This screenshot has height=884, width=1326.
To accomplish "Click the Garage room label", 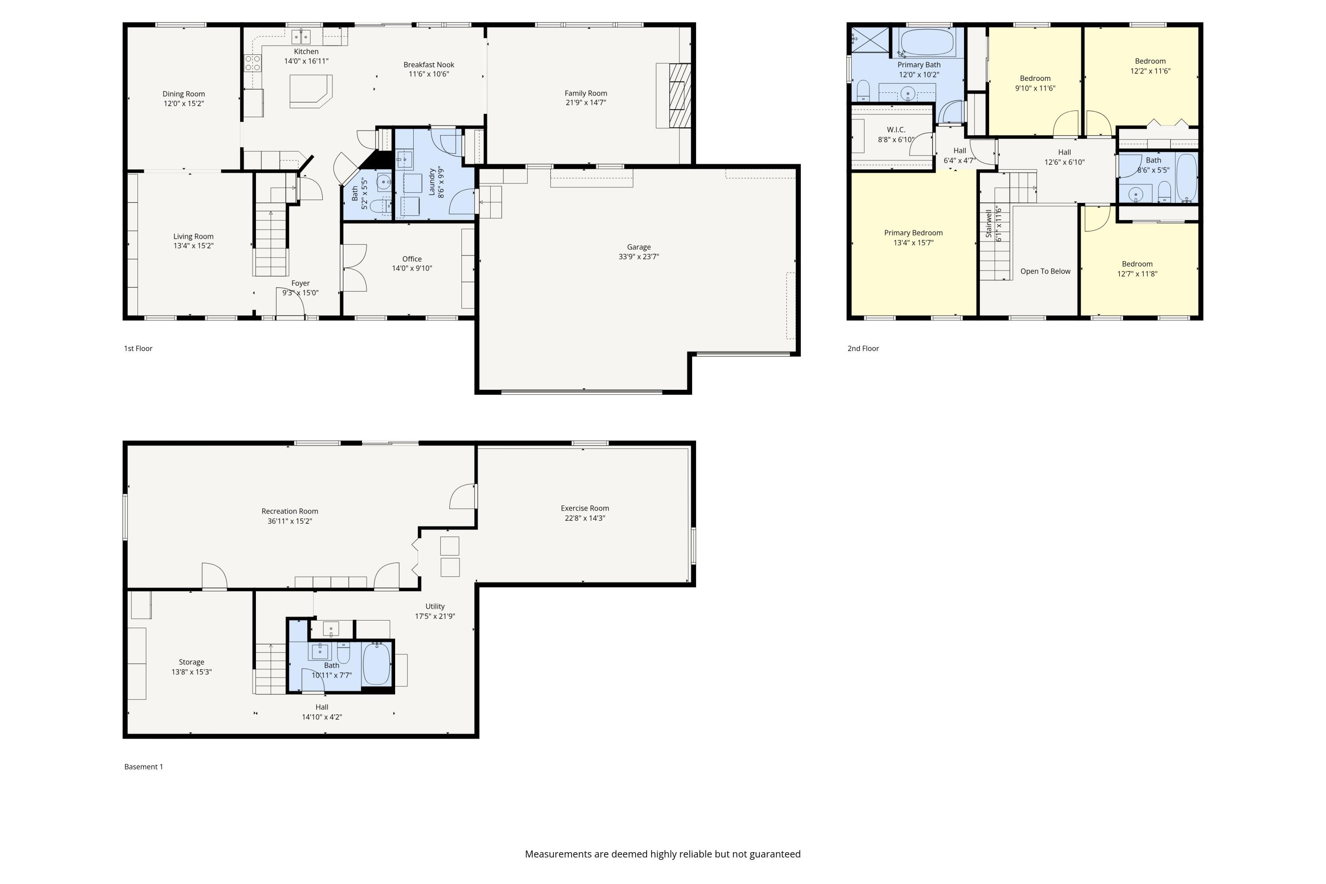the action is pos(639,247).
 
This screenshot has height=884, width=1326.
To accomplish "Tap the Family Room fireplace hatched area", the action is pos(680,95).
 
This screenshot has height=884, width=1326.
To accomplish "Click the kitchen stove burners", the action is pos(252,63).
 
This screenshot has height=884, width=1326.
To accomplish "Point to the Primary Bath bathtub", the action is pos(927,42).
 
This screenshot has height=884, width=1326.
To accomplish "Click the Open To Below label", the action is pos(1045,271).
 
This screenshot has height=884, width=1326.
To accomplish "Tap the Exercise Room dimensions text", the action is pos(585,518).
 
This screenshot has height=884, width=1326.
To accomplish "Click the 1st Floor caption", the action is pos(138,348).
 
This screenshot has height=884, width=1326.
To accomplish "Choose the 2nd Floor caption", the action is pos(863,348).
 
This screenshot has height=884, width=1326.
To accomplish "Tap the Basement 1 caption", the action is pos(144,767).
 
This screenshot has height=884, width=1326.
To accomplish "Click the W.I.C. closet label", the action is pos(896,130).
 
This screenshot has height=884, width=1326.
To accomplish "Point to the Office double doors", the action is pos(354,268).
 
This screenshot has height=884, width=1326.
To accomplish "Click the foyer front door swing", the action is pos(291,301).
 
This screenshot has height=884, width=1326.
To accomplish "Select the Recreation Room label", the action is pos(290,511).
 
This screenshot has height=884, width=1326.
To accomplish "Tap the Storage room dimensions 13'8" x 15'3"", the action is pos(192,672).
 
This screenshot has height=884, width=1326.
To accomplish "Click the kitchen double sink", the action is pos(301,37).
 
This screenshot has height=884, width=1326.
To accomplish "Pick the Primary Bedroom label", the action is pos(913,233).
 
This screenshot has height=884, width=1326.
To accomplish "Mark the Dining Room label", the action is pos(184,94).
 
